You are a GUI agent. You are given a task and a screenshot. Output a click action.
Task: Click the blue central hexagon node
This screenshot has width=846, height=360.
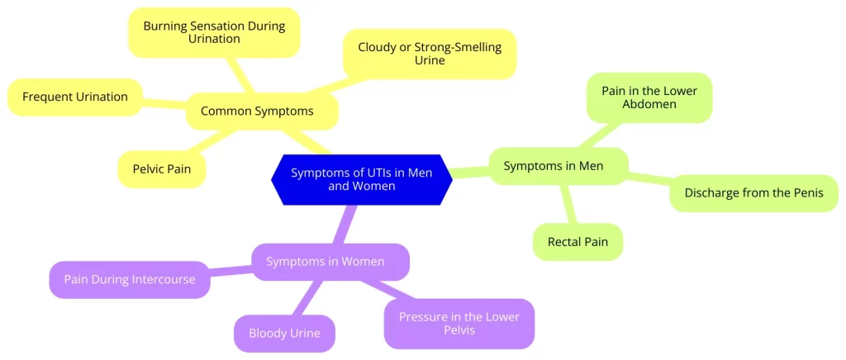click(362, 179)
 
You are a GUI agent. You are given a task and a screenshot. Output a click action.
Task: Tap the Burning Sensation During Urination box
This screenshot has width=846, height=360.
click(214, 32)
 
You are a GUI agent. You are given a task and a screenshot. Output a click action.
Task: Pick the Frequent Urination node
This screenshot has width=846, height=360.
click(74, 97)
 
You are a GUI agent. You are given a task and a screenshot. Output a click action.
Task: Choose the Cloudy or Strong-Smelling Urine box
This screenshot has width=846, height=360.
click(430, 54)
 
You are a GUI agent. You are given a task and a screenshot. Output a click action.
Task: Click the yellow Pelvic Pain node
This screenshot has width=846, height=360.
click(162, 169)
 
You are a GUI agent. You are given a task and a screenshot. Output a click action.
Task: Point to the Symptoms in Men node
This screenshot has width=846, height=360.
click(558, 166)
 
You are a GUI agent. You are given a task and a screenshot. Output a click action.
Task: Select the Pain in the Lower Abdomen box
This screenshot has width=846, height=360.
click(649, 97)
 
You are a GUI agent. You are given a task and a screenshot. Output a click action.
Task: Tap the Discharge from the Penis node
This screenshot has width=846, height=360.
click(753, 193)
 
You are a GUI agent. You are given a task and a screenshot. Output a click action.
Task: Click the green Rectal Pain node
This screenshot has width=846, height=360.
click(577, 243)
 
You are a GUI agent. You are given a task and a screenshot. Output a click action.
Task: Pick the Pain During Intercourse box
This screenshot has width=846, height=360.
click(130, 279)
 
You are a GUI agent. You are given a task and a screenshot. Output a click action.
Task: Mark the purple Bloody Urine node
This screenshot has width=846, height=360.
click(285, 334)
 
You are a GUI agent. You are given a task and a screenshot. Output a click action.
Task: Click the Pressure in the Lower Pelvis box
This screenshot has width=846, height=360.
click(459, 323)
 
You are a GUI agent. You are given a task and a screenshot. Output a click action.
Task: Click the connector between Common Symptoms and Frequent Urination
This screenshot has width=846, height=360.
click(164, 103)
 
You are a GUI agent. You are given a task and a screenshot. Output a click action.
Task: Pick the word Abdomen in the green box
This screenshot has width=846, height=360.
click(649, 105)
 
